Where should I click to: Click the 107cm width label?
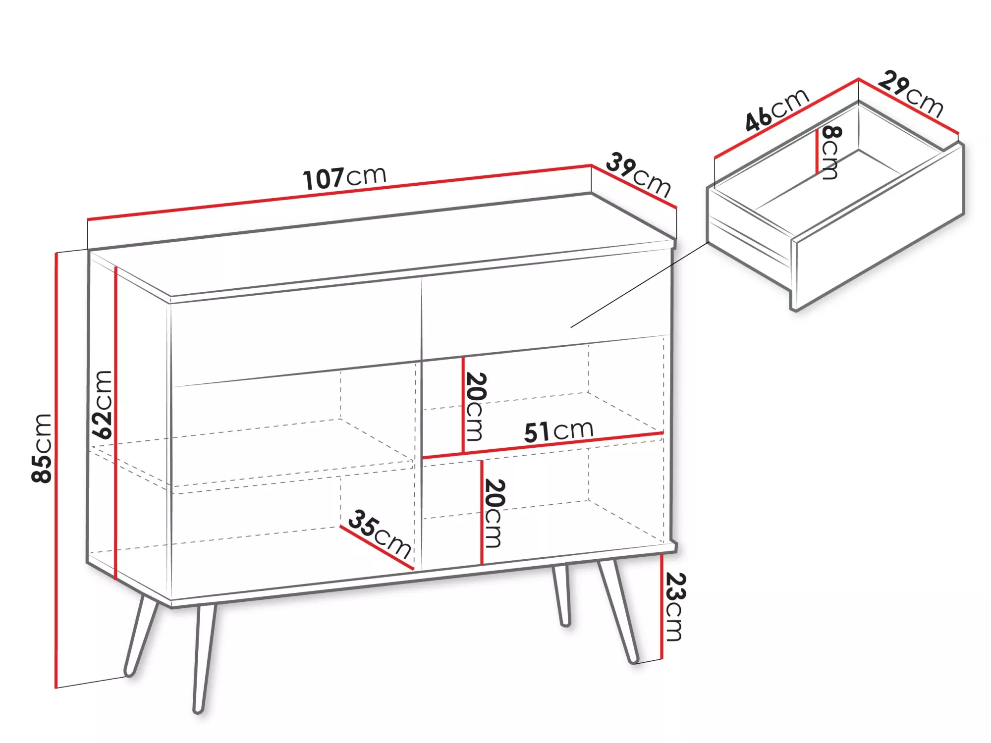pos(344,178)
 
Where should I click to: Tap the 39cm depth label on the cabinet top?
pos(638,175)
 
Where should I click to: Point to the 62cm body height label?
pos(103,404)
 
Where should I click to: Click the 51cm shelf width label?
pos(558,431)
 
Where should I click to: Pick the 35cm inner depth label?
pos(380,535)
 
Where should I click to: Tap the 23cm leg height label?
pos(675,607)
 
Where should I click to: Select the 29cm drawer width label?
pos(911,94)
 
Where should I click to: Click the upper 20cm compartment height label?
pos(475,407)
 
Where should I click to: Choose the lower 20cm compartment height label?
pos(494,513)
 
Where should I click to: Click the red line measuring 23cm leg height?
pos(662,607)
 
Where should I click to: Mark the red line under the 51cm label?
pos(543,445)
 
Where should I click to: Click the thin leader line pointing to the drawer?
pos(639,285)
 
